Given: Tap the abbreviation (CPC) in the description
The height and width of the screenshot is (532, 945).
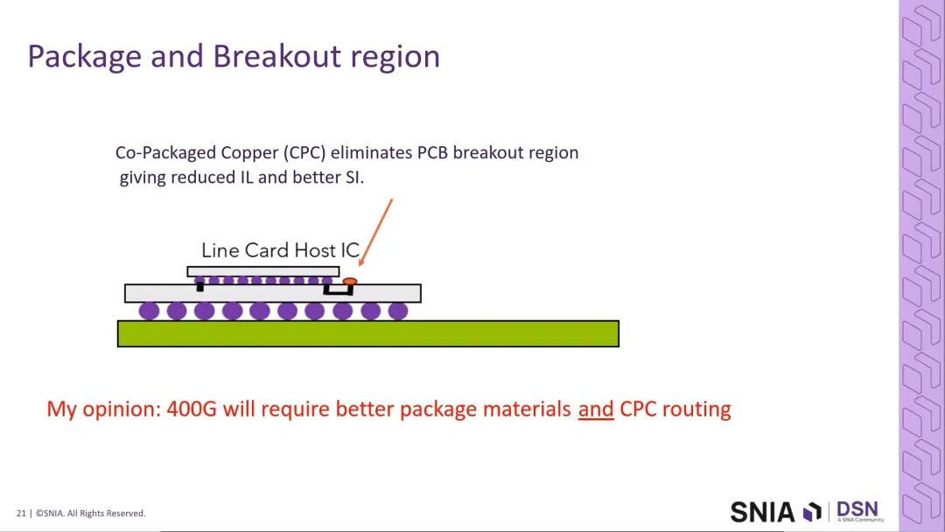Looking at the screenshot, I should [x=305, y=152].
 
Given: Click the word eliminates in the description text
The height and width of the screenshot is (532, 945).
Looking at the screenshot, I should [x=372, y=152].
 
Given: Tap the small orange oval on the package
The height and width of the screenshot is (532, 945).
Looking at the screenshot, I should [x=350, y=281].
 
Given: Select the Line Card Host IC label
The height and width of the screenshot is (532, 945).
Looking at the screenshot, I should [x=280, y=250].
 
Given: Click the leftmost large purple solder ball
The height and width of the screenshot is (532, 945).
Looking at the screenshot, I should [x=150, y=311].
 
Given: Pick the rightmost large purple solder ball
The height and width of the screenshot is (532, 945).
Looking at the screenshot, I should [x=398, y=311].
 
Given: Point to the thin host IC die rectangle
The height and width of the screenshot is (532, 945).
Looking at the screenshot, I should [x=262, y=271].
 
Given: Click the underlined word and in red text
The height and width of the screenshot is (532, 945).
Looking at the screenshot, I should [x=596, y=409].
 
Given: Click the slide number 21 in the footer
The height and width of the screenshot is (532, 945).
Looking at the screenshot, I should [x=21, y=514].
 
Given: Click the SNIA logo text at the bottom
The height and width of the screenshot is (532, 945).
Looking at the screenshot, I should [x=762, y=512].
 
